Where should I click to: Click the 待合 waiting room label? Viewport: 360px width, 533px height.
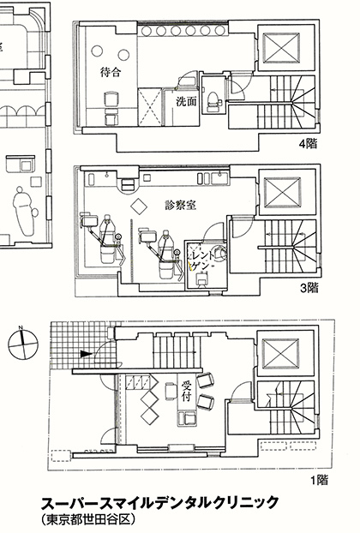(111, 72)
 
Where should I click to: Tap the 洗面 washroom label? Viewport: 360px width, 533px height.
(187, 102)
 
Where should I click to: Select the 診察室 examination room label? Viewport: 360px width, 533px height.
(181, 205)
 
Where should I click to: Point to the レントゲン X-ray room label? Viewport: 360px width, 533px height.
(203, 261)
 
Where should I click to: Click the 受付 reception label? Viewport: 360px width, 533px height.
(186, 391)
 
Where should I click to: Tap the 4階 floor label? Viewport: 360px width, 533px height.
(308, 144)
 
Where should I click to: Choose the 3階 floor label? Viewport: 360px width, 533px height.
(309, 288)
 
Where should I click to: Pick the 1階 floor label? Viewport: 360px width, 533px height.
(319, 480)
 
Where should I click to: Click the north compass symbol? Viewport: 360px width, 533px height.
(23, 344)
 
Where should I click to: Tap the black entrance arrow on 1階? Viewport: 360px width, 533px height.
(86, 354)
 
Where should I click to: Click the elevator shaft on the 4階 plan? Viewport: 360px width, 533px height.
(281, 48)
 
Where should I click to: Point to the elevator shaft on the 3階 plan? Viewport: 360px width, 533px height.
(282, 193)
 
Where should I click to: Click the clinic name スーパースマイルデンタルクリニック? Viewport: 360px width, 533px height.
(159, 503)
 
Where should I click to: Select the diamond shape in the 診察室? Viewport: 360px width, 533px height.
(139, 205)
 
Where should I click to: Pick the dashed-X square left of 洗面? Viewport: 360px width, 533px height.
(150, 107)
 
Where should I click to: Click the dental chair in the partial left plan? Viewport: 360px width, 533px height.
(25, 211)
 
